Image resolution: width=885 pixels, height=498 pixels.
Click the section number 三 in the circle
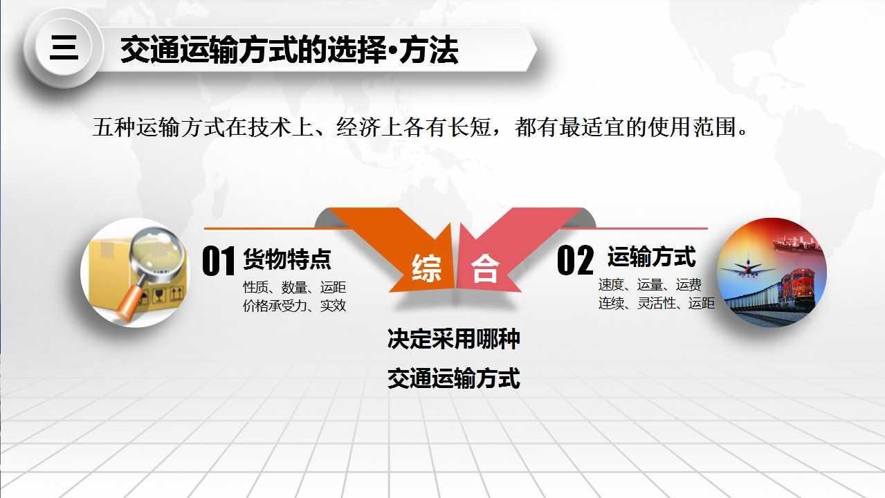[64, 48]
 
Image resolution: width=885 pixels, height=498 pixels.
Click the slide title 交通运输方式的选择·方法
[289, 50]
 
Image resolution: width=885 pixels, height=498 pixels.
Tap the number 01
[219, 261]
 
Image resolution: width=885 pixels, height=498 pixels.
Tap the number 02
[575, 259]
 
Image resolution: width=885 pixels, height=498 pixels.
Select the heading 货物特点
[287, 259]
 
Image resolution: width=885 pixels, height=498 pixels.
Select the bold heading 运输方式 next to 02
[652, 257]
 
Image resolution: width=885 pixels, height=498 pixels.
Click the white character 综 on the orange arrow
[426, 268]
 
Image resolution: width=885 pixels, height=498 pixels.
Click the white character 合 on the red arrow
[485, 268]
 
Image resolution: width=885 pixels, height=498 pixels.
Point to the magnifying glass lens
[157, 251]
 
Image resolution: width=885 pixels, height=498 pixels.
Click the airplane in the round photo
[747, 268]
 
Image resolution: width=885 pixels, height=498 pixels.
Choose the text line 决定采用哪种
[453, 339]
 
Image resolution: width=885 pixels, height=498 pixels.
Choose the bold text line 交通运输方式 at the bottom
[453, 378]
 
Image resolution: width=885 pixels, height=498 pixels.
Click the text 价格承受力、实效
[294, 305]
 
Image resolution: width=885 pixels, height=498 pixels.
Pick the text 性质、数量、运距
[294, 287]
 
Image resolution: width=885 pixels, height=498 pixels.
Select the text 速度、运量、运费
[650, 284]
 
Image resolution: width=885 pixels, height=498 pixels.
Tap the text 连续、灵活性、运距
[656, 303]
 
